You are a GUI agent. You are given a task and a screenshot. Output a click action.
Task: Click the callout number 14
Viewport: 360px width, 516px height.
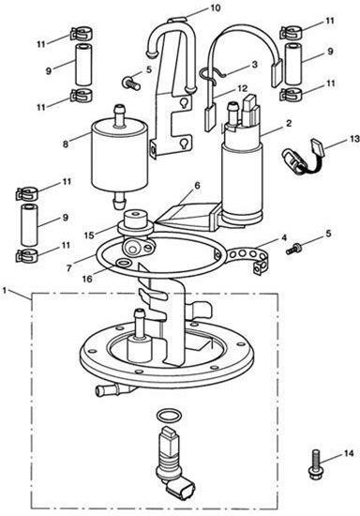349,453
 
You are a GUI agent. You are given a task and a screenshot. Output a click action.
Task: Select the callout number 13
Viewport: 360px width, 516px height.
354,139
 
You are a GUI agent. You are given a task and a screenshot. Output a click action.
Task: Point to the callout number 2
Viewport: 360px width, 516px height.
289,124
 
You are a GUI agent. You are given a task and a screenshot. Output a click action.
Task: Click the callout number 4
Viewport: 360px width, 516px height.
284,237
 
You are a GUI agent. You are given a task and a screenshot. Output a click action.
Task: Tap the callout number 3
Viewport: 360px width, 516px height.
254,65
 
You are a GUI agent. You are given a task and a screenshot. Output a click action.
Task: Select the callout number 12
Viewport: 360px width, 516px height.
242,89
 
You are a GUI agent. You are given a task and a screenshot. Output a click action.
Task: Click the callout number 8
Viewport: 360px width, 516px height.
66,144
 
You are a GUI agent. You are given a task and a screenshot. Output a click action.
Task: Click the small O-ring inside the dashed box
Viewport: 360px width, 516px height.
169,416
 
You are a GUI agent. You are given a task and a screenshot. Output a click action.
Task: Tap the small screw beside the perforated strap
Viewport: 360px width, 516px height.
292,249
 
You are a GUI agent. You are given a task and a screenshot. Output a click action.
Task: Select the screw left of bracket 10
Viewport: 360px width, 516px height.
131,83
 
